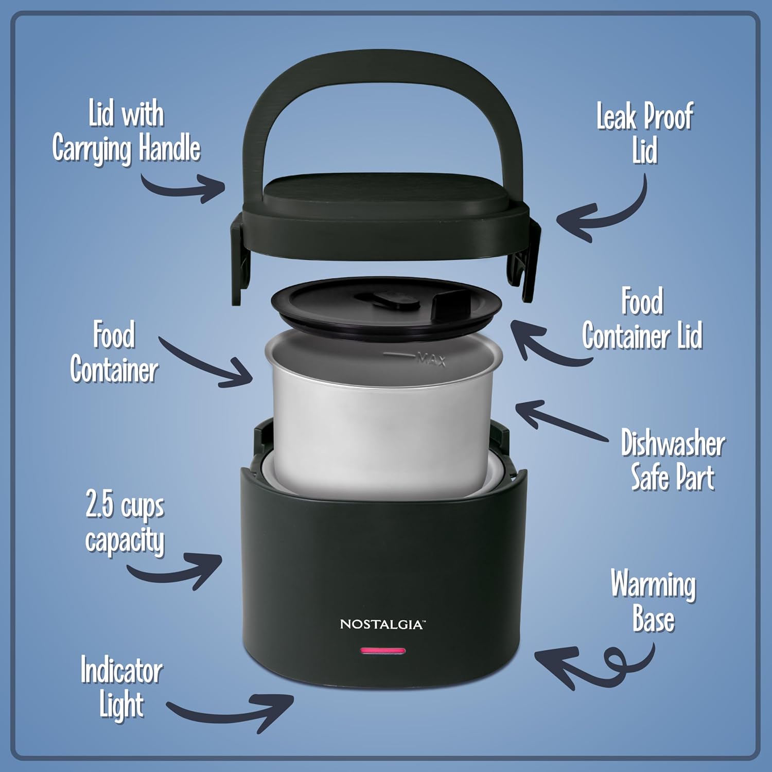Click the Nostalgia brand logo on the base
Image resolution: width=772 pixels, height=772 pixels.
(x=382, y=624)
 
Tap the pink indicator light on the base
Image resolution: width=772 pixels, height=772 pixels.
(x=383, y=651)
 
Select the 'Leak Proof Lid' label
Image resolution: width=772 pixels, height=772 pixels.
(x=644, y=133)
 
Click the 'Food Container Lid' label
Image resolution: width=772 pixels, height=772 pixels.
(x=642, y=319)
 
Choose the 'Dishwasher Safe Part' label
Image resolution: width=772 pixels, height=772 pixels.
(x=673, y=460)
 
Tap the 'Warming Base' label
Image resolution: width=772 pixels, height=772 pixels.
(x=653, y=600)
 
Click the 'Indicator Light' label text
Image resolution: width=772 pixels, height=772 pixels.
(x=121, y=687)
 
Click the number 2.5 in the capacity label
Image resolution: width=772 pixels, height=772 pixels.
(x=99, y=504)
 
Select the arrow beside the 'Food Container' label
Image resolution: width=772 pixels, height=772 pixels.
(x=206, y=363)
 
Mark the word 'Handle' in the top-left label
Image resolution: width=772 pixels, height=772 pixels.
(x=169, y=148)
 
